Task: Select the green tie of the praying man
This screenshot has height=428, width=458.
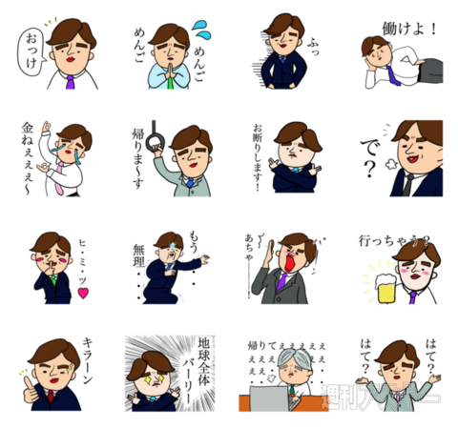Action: pos(170,82)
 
